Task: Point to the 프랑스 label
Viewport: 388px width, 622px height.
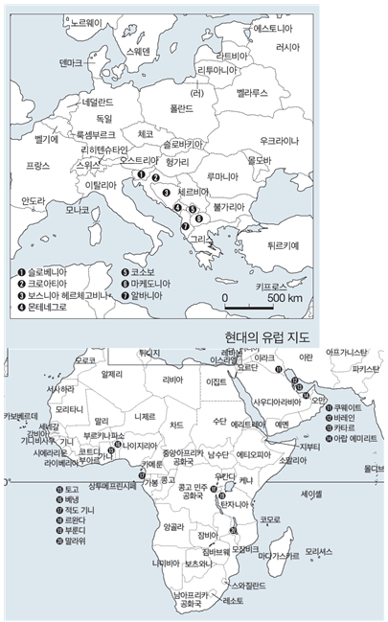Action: [37, 165]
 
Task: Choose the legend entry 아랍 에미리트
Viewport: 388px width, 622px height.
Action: [354, 438]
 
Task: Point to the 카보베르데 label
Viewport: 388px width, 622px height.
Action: [20, 416]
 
